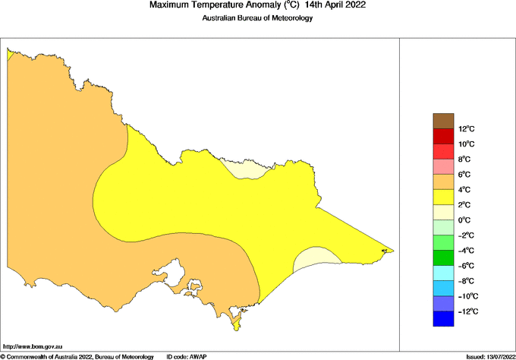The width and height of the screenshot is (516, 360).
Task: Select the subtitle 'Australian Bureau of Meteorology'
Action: pyautogui.click(x=257, y=18)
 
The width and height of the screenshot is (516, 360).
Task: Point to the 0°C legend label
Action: pyautogui.click(x=465, y=220)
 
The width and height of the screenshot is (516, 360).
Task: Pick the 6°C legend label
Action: pyautogui.click(x=465, y=175)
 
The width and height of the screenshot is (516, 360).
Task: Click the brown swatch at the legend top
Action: pyautogui.click(x=443, y=121)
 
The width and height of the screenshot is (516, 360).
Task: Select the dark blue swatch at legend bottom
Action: pyautogui.click(x=443, y=319)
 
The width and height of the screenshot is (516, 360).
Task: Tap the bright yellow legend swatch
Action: pyautogui.click(x=443, y=197)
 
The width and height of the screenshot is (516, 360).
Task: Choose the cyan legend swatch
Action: pyautogui.click(x=443, y=273)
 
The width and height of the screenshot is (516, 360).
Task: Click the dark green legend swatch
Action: pyautogui.click(x=443, y=258)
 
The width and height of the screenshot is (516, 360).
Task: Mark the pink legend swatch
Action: pyautogui.click(x=443, y=166)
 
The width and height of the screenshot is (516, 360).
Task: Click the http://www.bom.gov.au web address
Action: pyautogui.click(x=33, y=346)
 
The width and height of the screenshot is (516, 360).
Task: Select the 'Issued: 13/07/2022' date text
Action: pyautogui.click(x=489, y=356)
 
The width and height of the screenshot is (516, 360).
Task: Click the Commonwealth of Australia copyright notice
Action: pyautogui.click(x=77, y=356)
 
